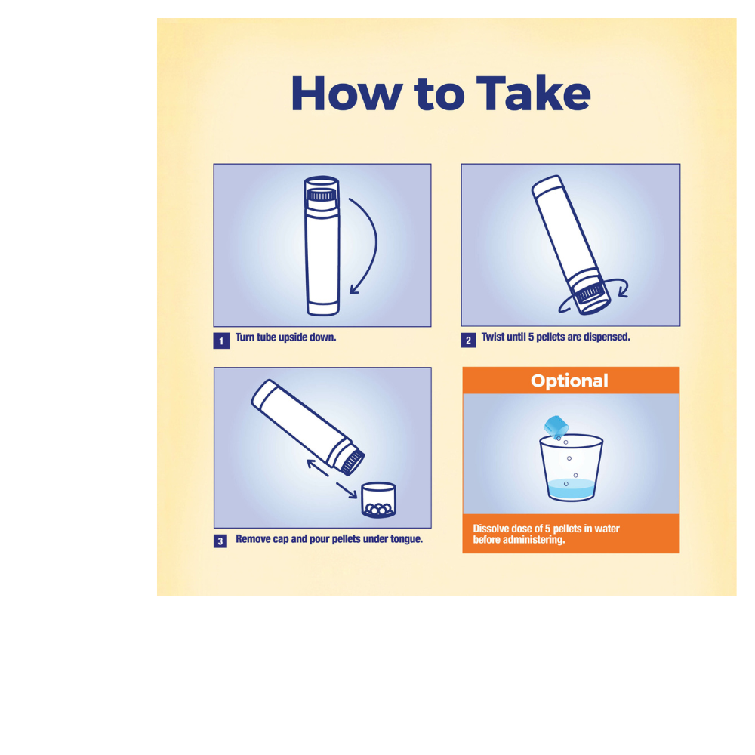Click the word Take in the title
(534, 94)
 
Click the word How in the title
(347, 94)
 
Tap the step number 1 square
(221, 341)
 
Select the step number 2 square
(468, 340)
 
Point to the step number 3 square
(220, 541)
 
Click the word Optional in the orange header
(569, 381)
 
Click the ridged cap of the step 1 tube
(322, 195)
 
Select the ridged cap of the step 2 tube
(590, 293)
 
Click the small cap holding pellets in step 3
(378, 501)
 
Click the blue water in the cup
(571, 488)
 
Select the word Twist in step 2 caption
(492, 337)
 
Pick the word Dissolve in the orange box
(490, 528)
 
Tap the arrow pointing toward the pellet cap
(347, 490)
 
